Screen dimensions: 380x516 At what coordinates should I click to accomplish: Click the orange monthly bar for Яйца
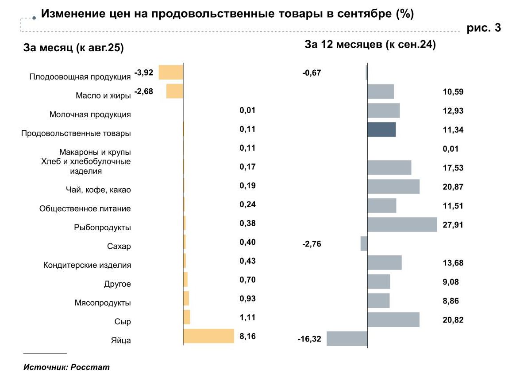pos(208,336)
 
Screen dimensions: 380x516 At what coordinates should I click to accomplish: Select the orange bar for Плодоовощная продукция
pos(171,72)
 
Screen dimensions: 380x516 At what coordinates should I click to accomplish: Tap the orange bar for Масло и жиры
pos(174,91)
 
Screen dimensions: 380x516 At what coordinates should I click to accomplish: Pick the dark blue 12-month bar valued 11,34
pos(381,129)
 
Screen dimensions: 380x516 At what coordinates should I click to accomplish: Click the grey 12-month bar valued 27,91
pos(402,224)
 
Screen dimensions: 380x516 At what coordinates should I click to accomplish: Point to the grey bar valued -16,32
pos(347,338)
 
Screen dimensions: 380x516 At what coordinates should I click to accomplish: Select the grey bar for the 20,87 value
pos(393,186)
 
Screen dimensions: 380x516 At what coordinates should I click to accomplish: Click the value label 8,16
pos(248,336)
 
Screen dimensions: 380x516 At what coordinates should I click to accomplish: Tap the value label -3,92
pos(143,72)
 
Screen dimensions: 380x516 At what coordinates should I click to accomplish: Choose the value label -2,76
pos(312,243)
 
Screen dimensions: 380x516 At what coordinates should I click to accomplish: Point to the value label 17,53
pos(453,168)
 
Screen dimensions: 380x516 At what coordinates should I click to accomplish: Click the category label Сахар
pos(119,247)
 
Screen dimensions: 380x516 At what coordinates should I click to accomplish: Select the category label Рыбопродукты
pos(103,228)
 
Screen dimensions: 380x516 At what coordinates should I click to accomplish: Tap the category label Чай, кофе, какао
pos(98,190)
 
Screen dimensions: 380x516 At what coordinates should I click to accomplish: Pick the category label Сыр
pos(123,322)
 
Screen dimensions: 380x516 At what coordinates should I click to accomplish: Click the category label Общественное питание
pos(85,209)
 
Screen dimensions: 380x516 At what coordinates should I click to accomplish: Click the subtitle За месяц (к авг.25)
pos(73,48)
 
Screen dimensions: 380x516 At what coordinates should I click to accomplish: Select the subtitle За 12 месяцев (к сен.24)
pos(370,45)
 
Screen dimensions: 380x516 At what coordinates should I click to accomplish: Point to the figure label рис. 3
pos(484,28)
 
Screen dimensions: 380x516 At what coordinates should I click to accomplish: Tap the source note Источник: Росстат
pos(66,367)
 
